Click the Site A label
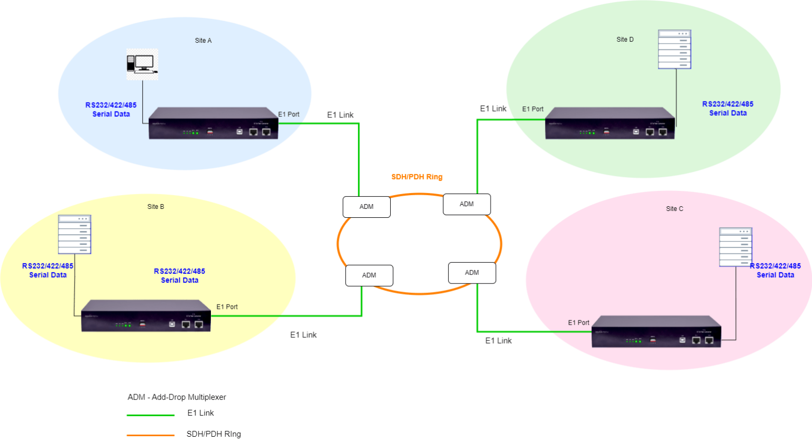click(203, 41)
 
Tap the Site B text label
click(155, 207)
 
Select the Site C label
click(674, 209)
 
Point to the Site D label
click(625, 40)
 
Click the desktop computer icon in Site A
click(142, 64)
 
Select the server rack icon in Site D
click(674, 49)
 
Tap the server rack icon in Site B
click(75, 234)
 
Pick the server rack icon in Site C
click(735, 247)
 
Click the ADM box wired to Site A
click(366, 207)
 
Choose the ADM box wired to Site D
click(466, 204)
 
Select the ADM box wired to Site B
click(369, 275)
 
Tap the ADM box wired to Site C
click(472, 273)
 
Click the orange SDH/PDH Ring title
click(417, 177)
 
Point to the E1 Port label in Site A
click(289, 114)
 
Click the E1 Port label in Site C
click(578, 323)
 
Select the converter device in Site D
click(610, 124)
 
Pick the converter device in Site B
click(146, 316)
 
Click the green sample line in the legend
click(151, 416)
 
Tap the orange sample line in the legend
click(151, 436)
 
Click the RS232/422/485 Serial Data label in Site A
click(111, 109)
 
